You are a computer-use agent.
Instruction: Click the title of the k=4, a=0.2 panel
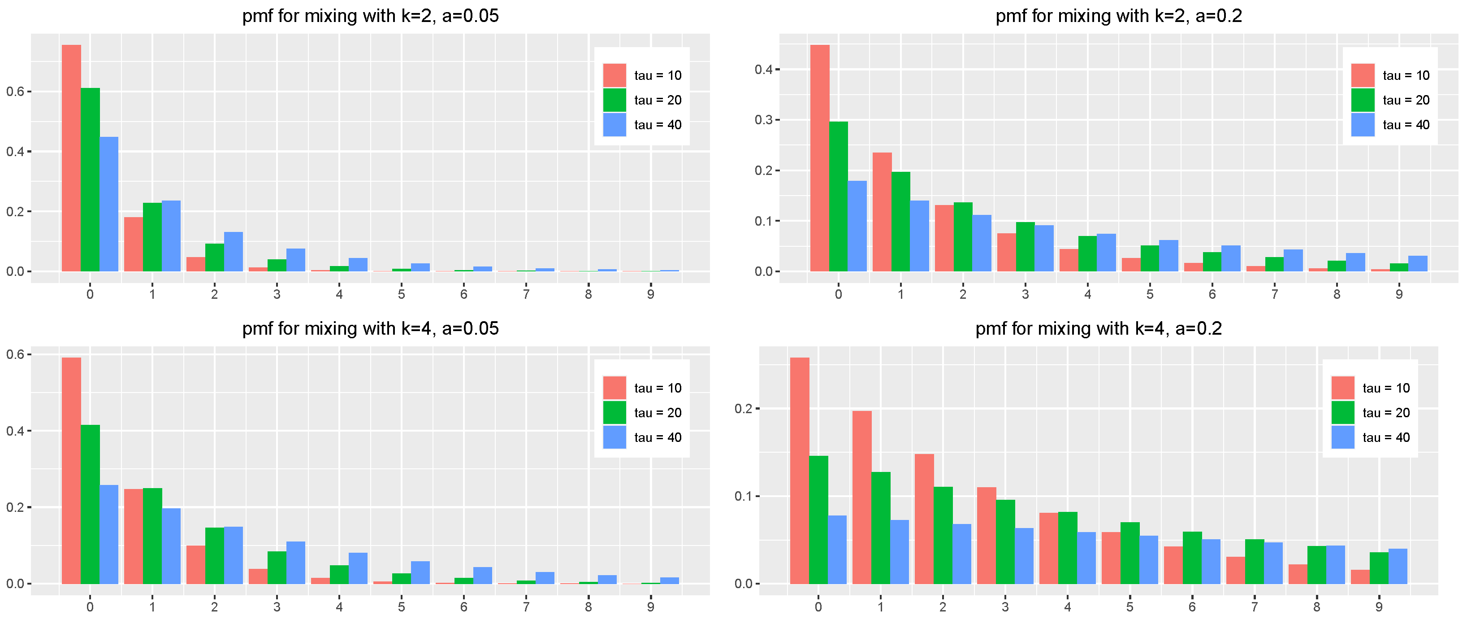click(x=1098, y=328)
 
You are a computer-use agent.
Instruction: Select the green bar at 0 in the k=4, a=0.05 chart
click(x=90, y=504)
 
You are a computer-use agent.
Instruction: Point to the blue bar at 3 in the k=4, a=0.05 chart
click(x=295, y=563)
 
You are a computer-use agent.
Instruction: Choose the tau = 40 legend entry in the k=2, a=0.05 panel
click(x=657, y=125)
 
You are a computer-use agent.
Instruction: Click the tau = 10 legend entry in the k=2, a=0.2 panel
click(x=1406, y=76)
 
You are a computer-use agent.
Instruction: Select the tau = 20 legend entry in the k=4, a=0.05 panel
click(x=657, y=413)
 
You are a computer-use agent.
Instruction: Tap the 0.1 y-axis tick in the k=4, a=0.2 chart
click(x=743, y=496)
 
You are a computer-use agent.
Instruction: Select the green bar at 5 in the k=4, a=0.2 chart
click(x=1130, y=553)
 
